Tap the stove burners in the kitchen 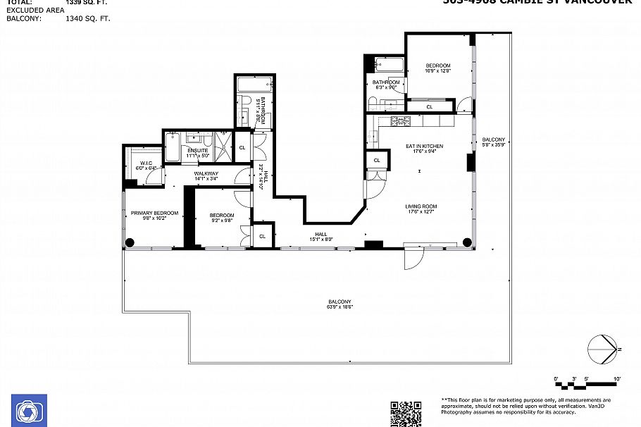(400, 121)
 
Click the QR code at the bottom (406, 414)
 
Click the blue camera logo (30, 410)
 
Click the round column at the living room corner (466, 242)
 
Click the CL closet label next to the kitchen (377, 161)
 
